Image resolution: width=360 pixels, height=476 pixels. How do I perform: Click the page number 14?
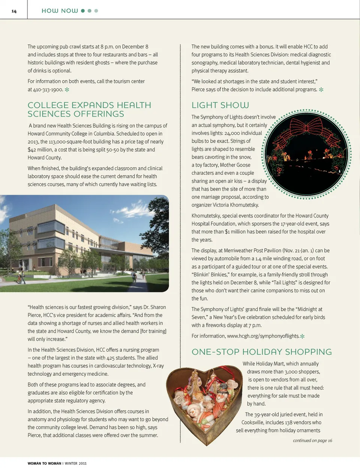pyautogui.click(x=14, y=11)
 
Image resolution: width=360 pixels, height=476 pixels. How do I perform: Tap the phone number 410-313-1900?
pyautogui.click(x=48, y=90)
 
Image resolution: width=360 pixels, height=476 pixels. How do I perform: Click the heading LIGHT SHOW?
pyautogui.click(x=220, y=105)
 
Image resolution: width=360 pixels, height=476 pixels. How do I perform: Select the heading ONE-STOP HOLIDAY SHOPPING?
pyautogui.click(x=261, y=352)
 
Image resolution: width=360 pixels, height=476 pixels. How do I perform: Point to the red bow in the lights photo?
pyautogui.click(x=307, y=126)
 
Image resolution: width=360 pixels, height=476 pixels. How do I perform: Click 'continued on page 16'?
pyautogui.click(x=312, y=440)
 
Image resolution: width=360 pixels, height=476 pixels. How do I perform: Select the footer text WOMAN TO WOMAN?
pyautogui.click(x=44, y=464)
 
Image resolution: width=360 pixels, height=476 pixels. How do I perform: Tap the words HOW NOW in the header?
pyautogui.click(x=60, y=11)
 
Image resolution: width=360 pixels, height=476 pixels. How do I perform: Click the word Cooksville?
pyautogui.click(x=254, y=422)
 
